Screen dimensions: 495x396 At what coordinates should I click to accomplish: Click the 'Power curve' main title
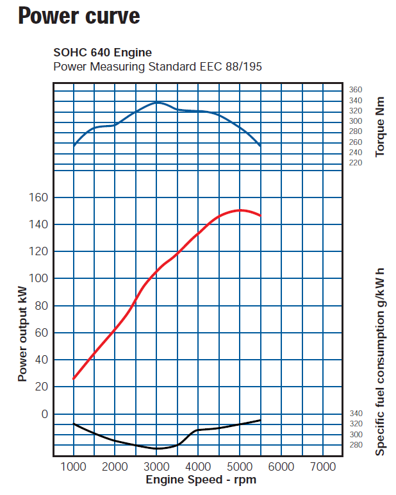[x=79, y=15]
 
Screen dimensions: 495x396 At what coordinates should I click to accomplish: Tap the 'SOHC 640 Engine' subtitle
[x=102, y=53]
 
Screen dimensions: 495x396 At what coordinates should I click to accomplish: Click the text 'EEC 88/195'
[x=236, y=66]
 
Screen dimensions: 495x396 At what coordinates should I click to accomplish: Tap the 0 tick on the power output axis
[x=44, y=414]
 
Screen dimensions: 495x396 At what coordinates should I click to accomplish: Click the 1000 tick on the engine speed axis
[x=74, y=466]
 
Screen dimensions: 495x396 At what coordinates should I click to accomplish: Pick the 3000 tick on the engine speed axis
[x=157, y=466]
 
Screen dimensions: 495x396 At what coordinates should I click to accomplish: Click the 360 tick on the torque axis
[x=356, y=90]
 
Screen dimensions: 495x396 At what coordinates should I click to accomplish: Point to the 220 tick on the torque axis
[x=356, y=163]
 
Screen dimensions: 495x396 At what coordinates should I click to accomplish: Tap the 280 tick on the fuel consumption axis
[x=356, y=445]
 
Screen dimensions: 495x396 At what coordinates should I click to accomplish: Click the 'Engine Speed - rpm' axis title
[x=201, y=480]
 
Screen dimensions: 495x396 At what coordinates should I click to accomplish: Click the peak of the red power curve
[x=240, y=210]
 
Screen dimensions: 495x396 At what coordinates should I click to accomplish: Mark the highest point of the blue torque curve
[x=158, y=102]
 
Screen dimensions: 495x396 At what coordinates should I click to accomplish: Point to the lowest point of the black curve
[x=158, y=448]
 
